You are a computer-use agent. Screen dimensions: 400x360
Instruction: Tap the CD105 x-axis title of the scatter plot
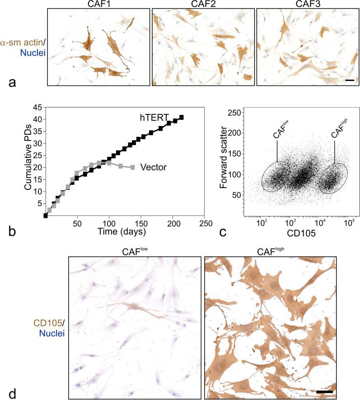point(302,234)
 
